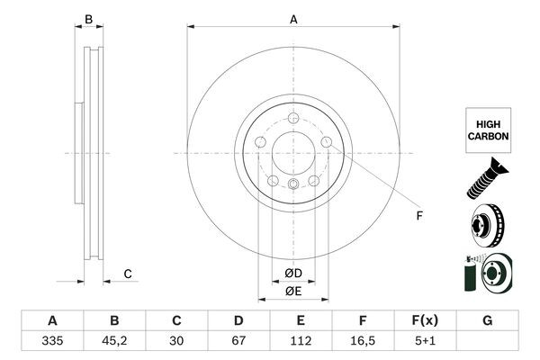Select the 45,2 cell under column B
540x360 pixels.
click(114, 343)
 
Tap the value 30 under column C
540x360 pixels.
click(177, 343)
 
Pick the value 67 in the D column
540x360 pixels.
click(239, 343)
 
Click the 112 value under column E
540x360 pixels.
click(301, 343)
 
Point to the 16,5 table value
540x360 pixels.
click(364, 343)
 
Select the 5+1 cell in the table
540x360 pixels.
click(426, 343)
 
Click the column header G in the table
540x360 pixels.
click(487, 320)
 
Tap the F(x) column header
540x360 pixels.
click(426, 320)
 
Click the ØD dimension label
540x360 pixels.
click(293, 273)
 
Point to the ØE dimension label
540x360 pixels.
click(293, 292)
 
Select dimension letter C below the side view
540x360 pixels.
click(128, 274)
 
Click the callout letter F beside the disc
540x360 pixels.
click(418, 214)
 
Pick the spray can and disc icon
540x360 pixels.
click(487, 273)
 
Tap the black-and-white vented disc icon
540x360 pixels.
click(487, 225)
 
